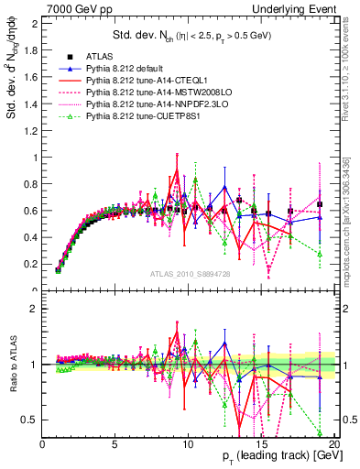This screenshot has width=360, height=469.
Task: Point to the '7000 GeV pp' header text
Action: coord(75,8)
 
